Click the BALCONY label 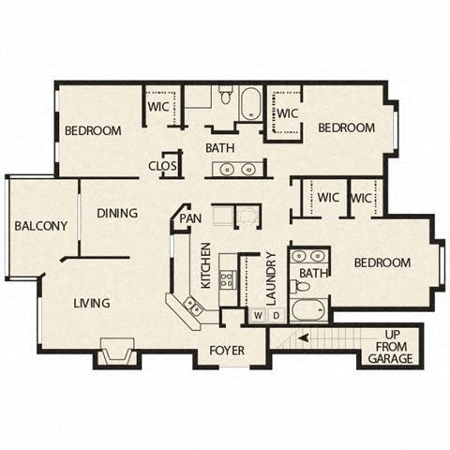(40, 226)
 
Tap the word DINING (117, 214)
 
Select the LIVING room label (92, 303)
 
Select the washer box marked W (257, 317)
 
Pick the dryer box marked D (276, 317)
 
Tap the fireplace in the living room (117, 353)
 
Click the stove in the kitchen (226, 278)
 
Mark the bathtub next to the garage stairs (308, 310)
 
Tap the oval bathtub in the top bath (251, 104)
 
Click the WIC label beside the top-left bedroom (157, 107)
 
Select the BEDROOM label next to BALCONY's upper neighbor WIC (92, 131)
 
